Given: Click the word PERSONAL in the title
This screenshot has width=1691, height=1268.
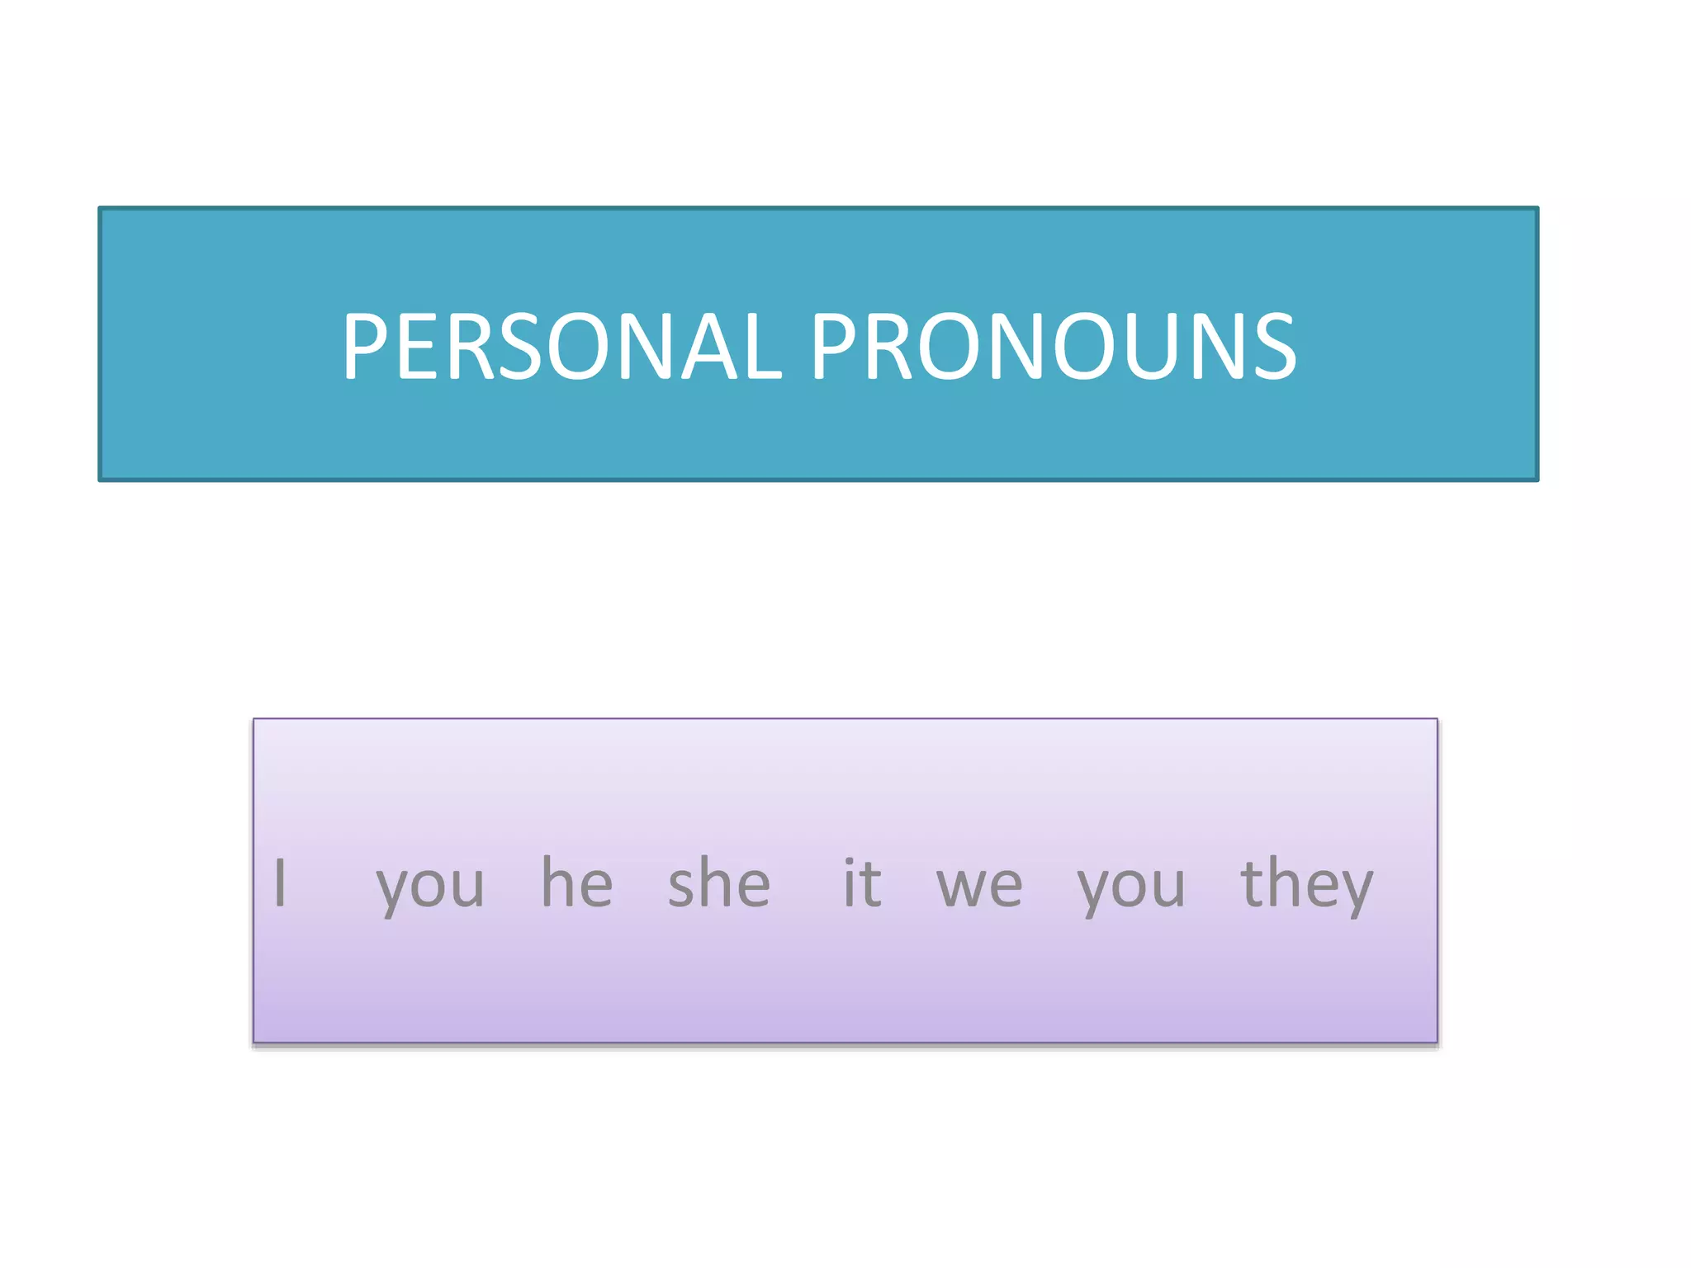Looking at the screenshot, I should pyautogui.click(x=561, y=346).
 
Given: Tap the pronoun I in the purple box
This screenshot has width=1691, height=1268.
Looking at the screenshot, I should pyautogui.click(x=281, y=882).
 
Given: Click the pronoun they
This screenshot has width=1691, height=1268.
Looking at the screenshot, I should pyautogui.click(x=1306, y=884).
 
